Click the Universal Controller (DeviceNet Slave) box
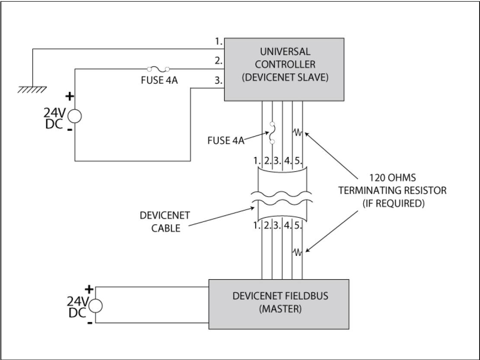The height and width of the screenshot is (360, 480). point(284,69)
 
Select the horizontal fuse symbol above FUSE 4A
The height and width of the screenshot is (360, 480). point(157,68)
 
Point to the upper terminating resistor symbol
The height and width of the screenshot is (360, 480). point(298,131)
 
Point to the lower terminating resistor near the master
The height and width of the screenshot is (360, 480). point(298,252)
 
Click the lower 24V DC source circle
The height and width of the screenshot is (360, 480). point(96,305)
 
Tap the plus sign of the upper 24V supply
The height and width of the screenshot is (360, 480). point(68,96)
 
